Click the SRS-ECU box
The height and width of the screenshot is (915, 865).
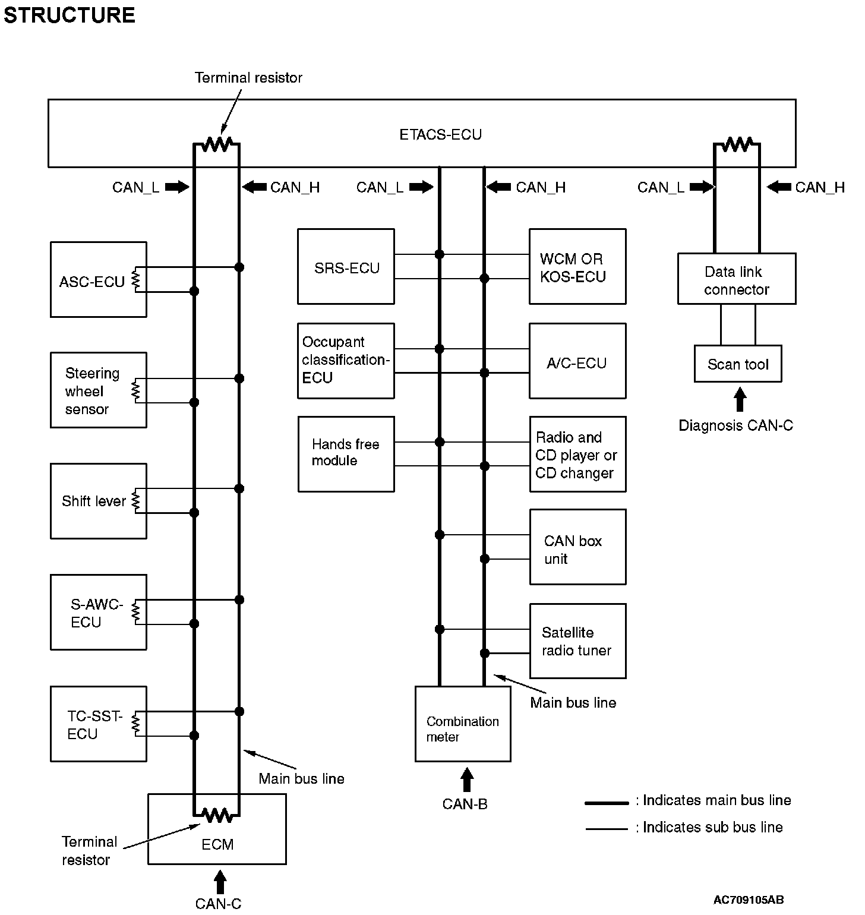point(346,267)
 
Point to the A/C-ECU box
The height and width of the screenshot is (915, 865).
point(577,361)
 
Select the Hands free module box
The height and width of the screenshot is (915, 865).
point(346,454)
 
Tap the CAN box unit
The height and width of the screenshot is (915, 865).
point(577,547)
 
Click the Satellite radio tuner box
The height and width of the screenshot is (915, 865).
point(577,640)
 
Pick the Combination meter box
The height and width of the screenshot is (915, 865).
point(462,724)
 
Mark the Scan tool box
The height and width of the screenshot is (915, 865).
point(737,364)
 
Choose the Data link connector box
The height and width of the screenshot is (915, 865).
point(736,279)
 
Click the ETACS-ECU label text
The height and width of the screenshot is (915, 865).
point(440,135)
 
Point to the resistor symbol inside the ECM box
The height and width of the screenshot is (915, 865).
point(217,815)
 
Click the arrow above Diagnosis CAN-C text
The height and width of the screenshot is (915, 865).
point(739,400)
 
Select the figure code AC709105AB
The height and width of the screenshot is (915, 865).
point(748,900)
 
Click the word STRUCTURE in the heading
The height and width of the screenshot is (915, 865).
point(70,15)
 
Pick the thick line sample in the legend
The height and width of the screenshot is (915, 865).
point(606,803)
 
